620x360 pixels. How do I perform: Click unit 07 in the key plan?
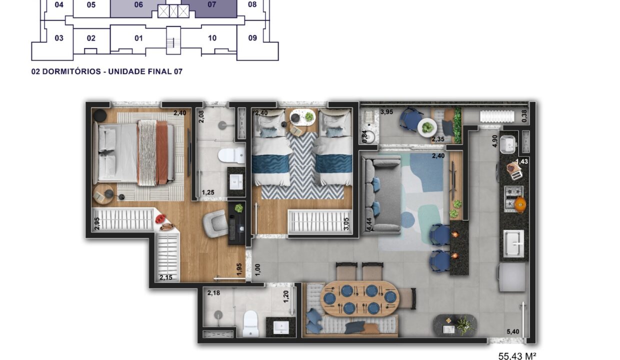coord(211,4)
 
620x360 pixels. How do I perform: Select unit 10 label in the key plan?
coord(212,38)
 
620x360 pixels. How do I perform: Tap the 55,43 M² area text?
coord(517,356)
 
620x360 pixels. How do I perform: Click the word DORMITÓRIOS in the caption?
coord(71,71)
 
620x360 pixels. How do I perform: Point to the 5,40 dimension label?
coord(512,331)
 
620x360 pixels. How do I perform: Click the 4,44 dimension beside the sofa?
coord(369,224)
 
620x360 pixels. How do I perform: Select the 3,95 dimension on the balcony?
coord(386,112)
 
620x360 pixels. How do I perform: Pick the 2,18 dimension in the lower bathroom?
coord(213,293)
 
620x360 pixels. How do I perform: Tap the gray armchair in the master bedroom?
coord(216,223)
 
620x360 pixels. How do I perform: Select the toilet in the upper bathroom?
coord(231,156)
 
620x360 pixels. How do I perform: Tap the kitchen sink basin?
coord(513,244)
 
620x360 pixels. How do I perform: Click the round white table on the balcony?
coord(427,127)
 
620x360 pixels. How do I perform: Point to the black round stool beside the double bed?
coord(99,115)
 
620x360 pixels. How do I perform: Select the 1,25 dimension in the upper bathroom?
coord(208,192)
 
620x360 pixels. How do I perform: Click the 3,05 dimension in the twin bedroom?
coord(346,223)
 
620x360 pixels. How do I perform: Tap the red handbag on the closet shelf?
coord(161,219)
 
